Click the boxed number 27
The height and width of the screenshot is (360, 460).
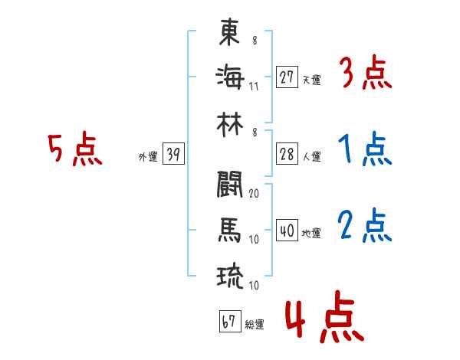(287, 77)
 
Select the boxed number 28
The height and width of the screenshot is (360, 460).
(287, 154)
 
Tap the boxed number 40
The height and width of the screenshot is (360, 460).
(287, 231)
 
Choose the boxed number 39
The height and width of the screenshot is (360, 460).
(173, 155)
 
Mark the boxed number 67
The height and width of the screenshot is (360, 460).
(228, 322)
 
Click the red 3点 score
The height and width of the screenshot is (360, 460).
(365, 74)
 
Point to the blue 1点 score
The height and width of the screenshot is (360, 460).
(365, 151)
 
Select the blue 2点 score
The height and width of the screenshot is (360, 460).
(365, 227)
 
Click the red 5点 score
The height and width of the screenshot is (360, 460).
(74, 150)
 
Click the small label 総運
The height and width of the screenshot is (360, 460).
(254, 325)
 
